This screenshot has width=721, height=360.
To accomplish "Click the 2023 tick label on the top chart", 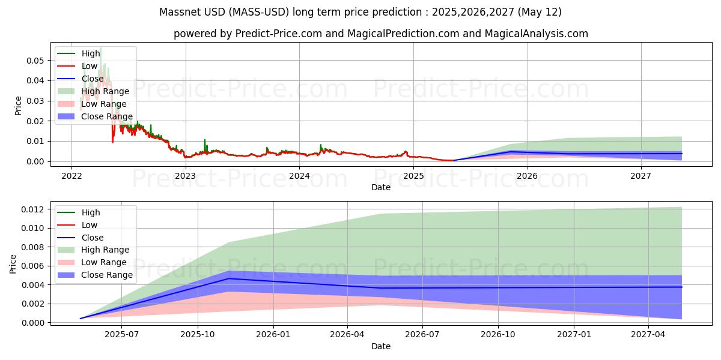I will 185,176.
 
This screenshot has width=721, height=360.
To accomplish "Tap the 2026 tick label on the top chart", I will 527,176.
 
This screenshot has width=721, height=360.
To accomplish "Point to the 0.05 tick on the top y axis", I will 35,61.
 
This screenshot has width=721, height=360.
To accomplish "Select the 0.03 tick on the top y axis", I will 35,101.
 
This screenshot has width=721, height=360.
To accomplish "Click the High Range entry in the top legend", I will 105,91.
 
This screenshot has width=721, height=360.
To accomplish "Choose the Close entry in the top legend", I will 93,79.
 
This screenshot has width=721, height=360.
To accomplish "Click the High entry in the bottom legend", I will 91,212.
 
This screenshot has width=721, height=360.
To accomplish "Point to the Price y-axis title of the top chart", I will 18,106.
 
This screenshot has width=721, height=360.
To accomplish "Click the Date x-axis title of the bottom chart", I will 381,346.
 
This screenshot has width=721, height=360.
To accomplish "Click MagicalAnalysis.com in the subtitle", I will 538,34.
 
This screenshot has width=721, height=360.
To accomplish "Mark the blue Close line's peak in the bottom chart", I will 228,278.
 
